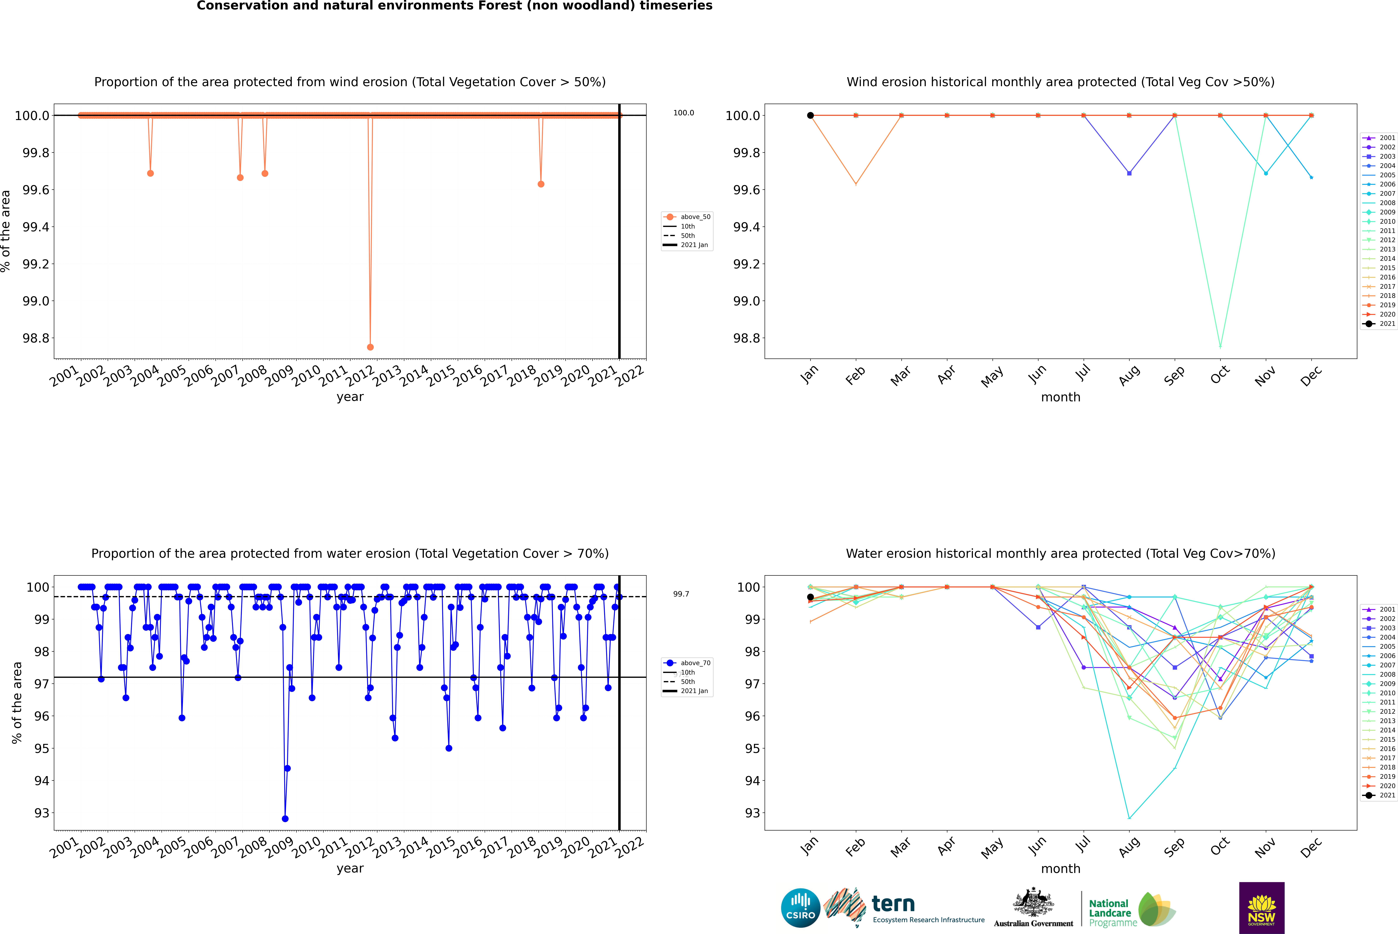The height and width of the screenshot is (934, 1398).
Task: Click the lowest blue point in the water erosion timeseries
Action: click(285, 818)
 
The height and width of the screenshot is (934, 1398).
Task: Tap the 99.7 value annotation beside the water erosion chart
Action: click(681, 594)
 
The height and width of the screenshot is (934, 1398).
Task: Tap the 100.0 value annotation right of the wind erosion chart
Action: click(684, 113)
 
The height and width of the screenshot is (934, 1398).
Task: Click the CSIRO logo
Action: click(800, 908)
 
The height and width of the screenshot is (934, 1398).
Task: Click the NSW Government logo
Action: click(1261, 908)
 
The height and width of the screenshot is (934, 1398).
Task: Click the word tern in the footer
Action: click(893, 904)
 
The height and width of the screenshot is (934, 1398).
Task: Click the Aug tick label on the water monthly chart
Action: click(1129, 847)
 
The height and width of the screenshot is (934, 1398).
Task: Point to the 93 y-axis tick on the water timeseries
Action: click(42, 813)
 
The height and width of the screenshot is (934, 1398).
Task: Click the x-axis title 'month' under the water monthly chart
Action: click(1060, 869)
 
